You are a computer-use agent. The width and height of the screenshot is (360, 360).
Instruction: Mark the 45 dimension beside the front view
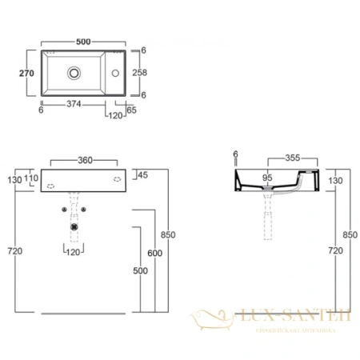(x=142, y=175)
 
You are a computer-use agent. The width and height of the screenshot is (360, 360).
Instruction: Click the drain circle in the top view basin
(x=74, y=72)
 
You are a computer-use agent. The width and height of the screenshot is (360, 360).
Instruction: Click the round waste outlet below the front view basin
(x=74, y=226)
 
